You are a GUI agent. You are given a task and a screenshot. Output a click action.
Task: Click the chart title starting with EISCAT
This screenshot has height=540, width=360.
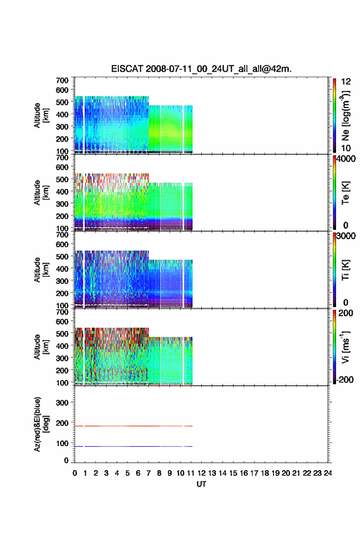click(x=201, y=69)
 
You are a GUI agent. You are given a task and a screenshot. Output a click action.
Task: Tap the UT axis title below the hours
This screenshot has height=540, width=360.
click(x=201, y=484)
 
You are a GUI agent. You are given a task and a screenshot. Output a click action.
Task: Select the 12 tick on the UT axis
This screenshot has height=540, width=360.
click(x=201, y=473)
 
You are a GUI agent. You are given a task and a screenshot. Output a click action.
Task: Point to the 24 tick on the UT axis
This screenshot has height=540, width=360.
click(x=327, y=473)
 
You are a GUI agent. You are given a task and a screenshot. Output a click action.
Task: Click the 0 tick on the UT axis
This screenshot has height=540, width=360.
click(x=75, y=473)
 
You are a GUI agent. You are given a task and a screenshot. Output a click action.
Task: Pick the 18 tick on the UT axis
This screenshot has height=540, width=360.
click(x=265, y=473)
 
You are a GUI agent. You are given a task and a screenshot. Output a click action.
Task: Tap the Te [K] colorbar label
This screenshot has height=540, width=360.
click(x=345, y=193)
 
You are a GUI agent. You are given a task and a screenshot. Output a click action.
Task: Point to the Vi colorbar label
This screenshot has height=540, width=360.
click(x=345, y=347)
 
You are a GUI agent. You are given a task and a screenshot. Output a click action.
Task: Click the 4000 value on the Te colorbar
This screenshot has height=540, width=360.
click(x=346, y=159)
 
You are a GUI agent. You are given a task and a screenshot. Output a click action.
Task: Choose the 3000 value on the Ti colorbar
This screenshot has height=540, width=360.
click(x=346, y=236)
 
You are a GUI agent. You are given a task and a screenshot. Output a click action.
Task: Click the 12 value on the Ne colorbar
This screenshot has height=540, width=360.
click(x=346, y=82)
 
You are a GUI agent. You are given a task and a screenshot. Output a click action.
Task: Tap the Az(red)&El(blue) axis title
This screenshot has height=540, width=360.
click(x=41, y=424)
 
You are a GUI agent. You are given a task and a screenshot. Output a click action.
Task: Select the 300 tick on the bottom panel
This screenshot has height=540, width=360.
click(x=63, y=403)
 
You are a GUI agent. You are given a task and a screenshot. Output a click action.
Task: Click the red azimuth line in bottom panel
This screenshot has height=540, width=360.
click(x=134, y=426)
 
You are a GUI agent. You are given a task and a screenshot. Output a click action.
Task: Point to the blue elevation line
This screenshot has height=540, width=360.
click(x=134, y=446)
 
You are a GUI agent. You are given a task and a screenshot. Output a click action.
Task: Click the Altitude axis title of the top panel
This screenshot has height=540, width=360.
click(x=41, y=115)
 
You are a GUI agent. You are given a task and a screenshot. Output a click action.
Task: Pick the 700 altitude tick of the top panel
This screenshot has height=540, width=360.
click(x=63, y=80)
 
